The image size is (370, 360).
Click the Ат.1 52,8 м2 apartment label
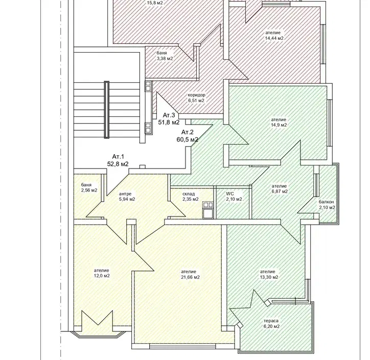click(x=118, y=160)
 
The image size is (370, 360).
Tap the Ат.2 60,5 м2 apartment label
click(x=188, y=136)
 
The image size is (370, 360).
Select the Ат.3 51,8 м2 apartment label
click(x=169, y=118)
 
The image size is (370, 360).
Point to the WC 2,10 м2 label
click(x=234, y=197)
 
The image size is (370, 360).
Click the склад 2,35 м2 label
click(x=190, y=197)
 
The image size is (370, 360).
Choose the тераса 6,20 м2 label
click(x=271, y=323)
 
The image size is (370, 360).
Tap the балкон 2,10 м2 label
click(x=327, y=205)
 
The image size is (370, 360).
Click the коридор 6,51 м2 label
click(x=196, y=98)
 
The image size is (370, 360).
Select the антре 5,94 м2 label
click(x=127, y=197)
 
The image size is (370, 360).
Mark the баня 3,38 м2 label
click(x=165, y=56)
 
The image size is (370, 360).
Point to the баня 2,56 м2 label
click(x=89, y=187)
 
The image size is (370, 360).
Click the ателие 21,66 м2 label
click(x=190, y=274)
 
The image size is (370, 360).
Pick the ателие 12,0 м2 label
click(x=102, y=273)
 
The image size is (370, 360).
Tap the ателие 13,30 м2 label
click(x=269, y=274)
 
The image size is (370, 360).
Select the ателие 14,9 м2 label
click(x=279, y=123)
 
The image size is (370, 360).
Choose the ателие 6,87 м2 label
click(x=280, y=188)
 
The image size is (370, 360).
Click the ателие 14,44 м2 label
click(x=274, y=35)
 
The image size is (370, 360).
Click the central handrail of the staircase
click(x=107, y=110)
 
